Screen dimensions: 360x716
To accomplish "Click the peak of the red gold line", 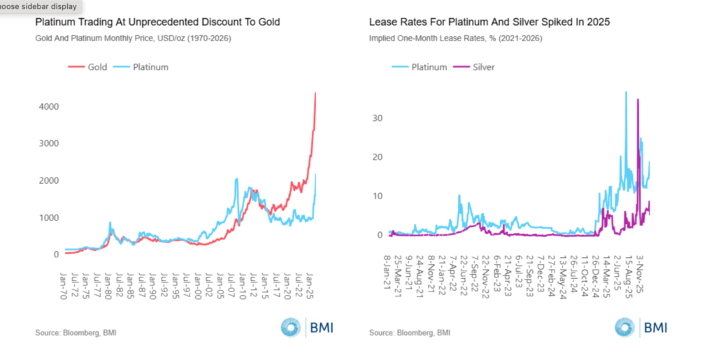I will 315,93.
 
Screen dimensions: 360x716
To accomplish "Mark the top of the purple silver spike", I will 638,99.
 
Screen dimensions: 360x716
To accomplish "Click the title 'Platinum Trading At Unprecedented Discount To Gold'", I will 157,22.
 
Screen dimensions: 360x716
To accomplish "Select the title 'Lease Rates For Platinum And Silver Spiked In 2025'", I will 489,22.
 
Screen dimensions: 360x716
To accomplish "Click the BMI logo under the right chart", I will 640,327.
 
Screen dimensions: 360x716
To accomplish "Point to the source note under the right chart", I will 410,332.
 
